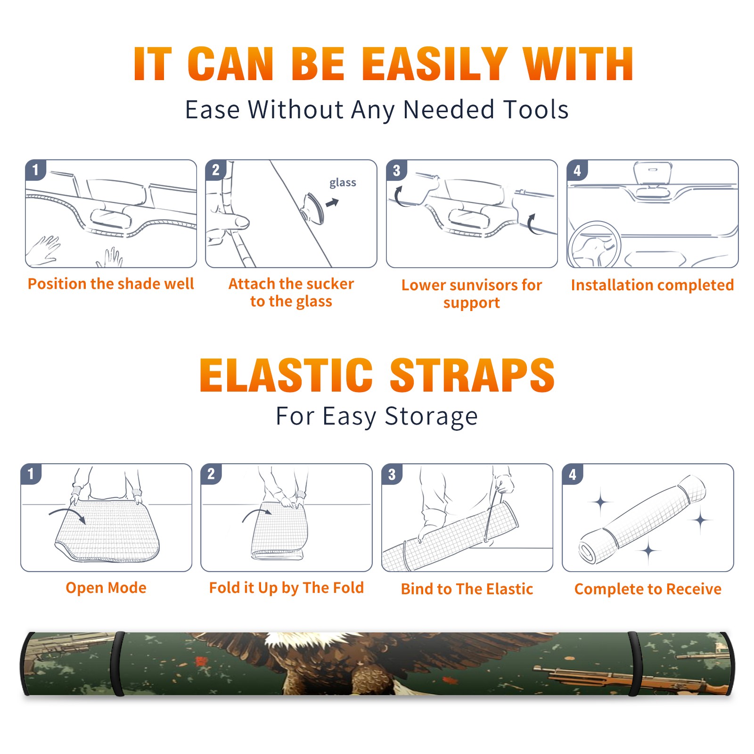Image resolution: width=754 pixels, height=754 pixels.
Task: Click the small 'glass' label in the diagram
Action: coord(343,183)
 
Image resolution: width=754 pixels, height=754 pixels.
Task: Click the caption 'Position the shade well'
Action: coord(111,284)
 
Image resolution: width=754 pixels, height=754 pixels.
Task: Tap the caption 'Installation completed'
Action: coord(652,285)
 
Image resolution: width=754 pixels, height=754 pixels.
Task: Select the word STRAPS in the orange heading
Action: coord(472,375)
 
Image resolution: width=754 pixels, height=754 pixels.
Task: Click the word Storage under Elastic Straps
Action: coord(431,417)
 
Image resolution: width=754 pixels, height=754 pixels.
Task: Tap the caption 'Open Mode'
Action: coord(106,588)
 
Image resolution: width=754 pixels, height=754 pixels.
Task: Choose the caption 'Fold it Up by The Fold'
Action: coord(287,588)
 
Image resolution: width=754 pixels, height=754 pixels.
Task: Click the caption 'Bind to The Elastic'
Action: coord(467,589)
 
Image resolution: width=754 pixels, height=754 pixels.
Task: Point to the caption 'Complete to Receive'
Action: coord(648,589)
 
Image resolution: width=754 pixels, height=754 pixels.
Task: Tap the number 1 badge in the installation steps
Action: coord(35,170)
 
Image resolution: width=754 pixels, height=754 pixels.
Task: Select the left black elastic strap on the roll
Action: coord(117,664)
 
